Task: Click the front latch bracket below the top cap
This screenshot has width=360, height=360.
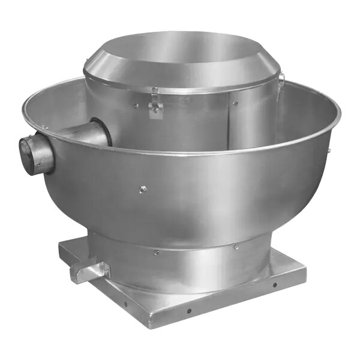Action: [x=155, y=109]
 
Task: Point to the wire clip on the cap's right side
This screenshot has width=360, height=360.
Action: [x=280, y=77]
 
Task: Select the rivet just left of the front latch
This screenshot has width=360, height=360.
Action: [x=136, y=106]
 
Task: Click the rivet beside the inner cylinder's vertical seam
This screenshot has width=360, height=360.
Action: [x=236, y=103]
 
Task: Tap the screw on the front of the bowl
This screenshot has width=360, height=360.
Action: [x=143, y=189]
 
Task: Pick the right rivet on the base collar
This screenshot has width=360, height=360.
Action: [x=236, y=247]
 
